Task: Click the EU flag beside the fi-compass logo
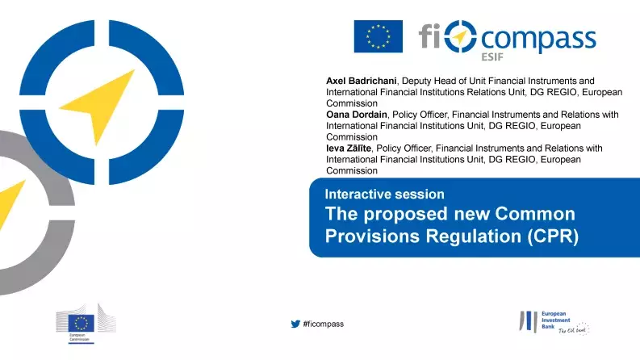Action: [378, 36]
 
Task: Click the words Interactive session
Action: [384, 194]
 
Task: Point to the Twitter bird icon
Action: [295, 324]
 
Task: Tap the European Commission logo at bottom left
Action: [81, 322]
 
